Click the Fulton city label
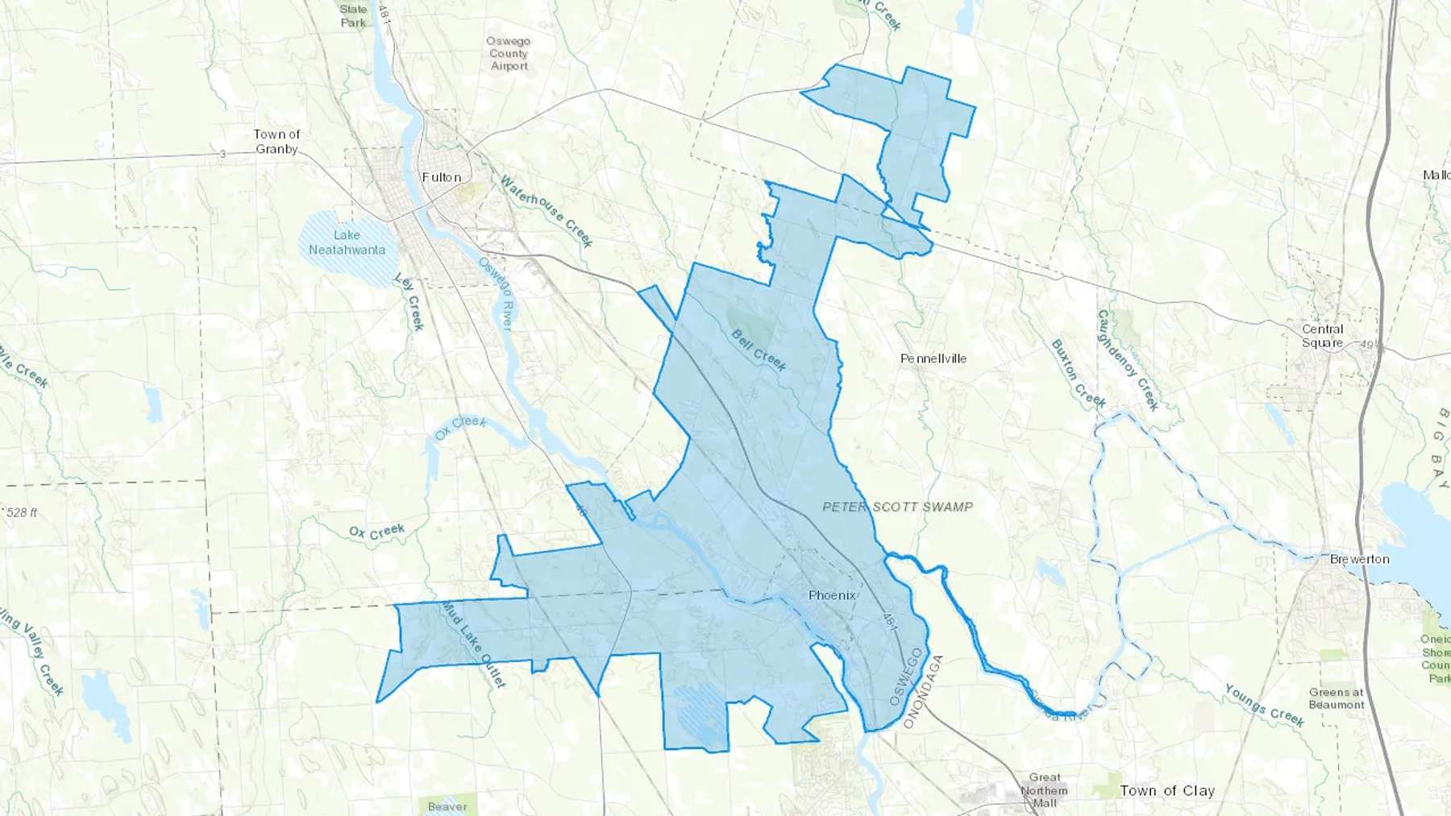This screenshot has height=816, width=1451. coord(442,177)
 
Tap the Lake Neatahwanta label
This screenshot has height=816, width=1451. coord(347,242)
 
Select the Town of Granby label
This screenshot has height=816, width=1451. coord(276,142)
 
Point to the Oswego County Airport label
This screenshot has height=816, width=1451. coord(509,53)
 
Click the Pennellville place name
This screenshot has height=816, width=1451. coord(933,358)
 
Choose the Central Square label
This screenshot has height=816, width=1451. coord(1323,336)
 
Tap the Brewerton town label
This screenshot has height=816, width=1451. coord(1360,559)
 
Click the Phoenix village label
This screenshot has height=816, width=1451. coord(832,595)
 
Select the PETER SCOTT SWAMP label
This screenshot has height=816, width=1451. coord(897,507)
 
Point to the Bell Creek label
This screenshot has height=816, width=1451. coord(759,350)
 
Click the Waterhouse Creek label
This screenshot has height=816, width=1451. coord(547,211)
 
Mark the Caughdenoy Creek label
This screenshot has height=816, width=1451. coord(1128,360)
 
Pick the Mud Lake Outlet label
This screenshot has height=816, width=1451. coord(473,645)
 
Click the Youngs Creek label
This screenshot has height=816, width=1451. coord(1264,705)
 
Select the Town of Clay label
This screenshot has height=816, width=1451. coord(1167,791)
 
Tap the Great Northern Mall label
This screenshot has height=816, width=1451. coord(1045,790)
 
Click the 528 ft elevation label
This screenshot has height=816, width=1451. coord(22,512)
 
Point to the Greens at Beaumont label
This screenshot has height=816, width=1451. coord(1337,698)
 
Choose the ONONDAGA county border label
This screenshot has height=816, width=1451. coord(923,693)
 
